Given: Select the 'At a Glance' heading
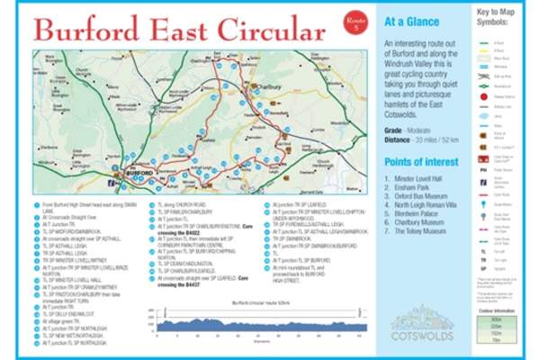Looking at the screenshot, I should click(413, 21).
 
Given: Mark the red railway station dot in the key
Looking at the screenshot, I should click(486, 93).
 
